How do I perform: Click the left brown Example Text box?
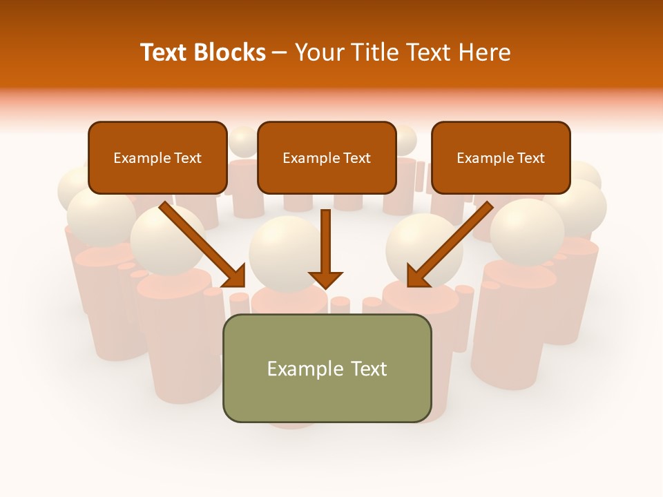coord(157,157)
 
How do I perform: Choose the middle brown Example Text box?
coord(327,157)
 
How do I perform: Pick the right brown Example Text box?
coord(501,157)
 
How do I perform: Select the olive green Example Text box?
coord(327,368)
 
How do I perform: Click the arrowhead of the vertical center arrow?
coord(325,279)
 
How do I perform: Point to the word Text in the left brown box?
coord(187,158)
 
